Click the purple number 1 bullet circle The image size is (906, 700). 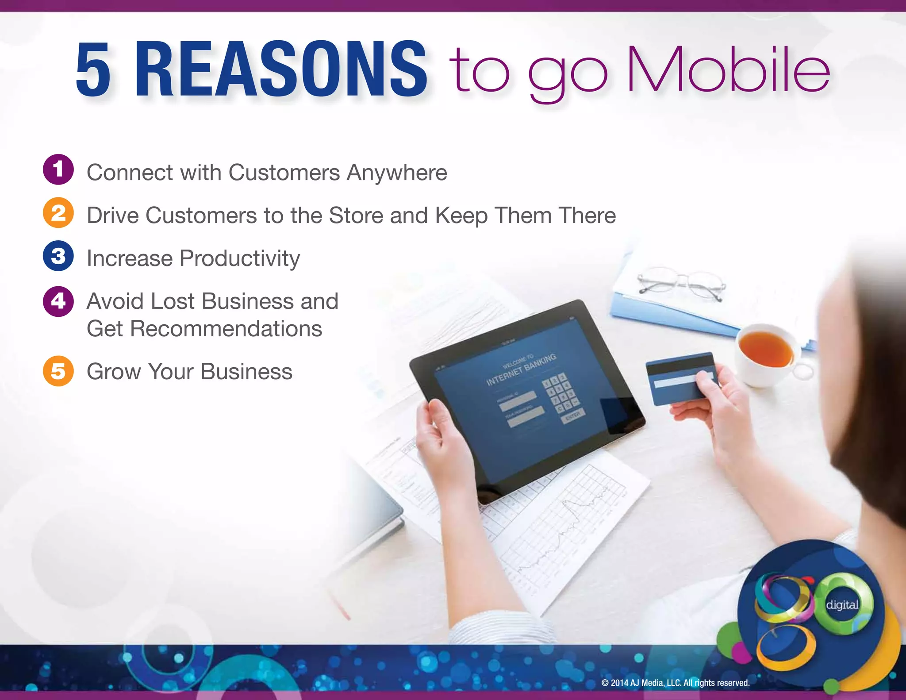[58, 169]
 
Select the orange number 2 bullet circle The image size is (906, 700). [58, 213]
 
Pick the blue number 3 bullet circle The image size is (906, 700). [58, 256]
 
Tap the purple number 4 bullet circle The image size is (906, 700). [58, 301]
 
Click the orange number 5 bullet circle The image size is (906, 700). [58, 371]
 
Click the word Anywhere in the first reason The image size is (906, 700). [397, 173]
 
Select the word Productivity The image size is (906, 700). [239, 258]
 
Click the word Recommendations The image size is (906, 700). [226, 329]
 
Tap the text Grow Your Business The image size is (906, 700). [189, 371]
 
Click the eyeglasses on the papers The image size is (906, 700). [681, 283]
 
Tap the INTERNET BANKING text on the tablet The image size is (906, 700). [521, 370]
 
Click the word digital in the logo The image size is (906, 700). [842, 605]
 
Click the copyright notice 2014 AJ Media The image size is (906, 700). [675, 683]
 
